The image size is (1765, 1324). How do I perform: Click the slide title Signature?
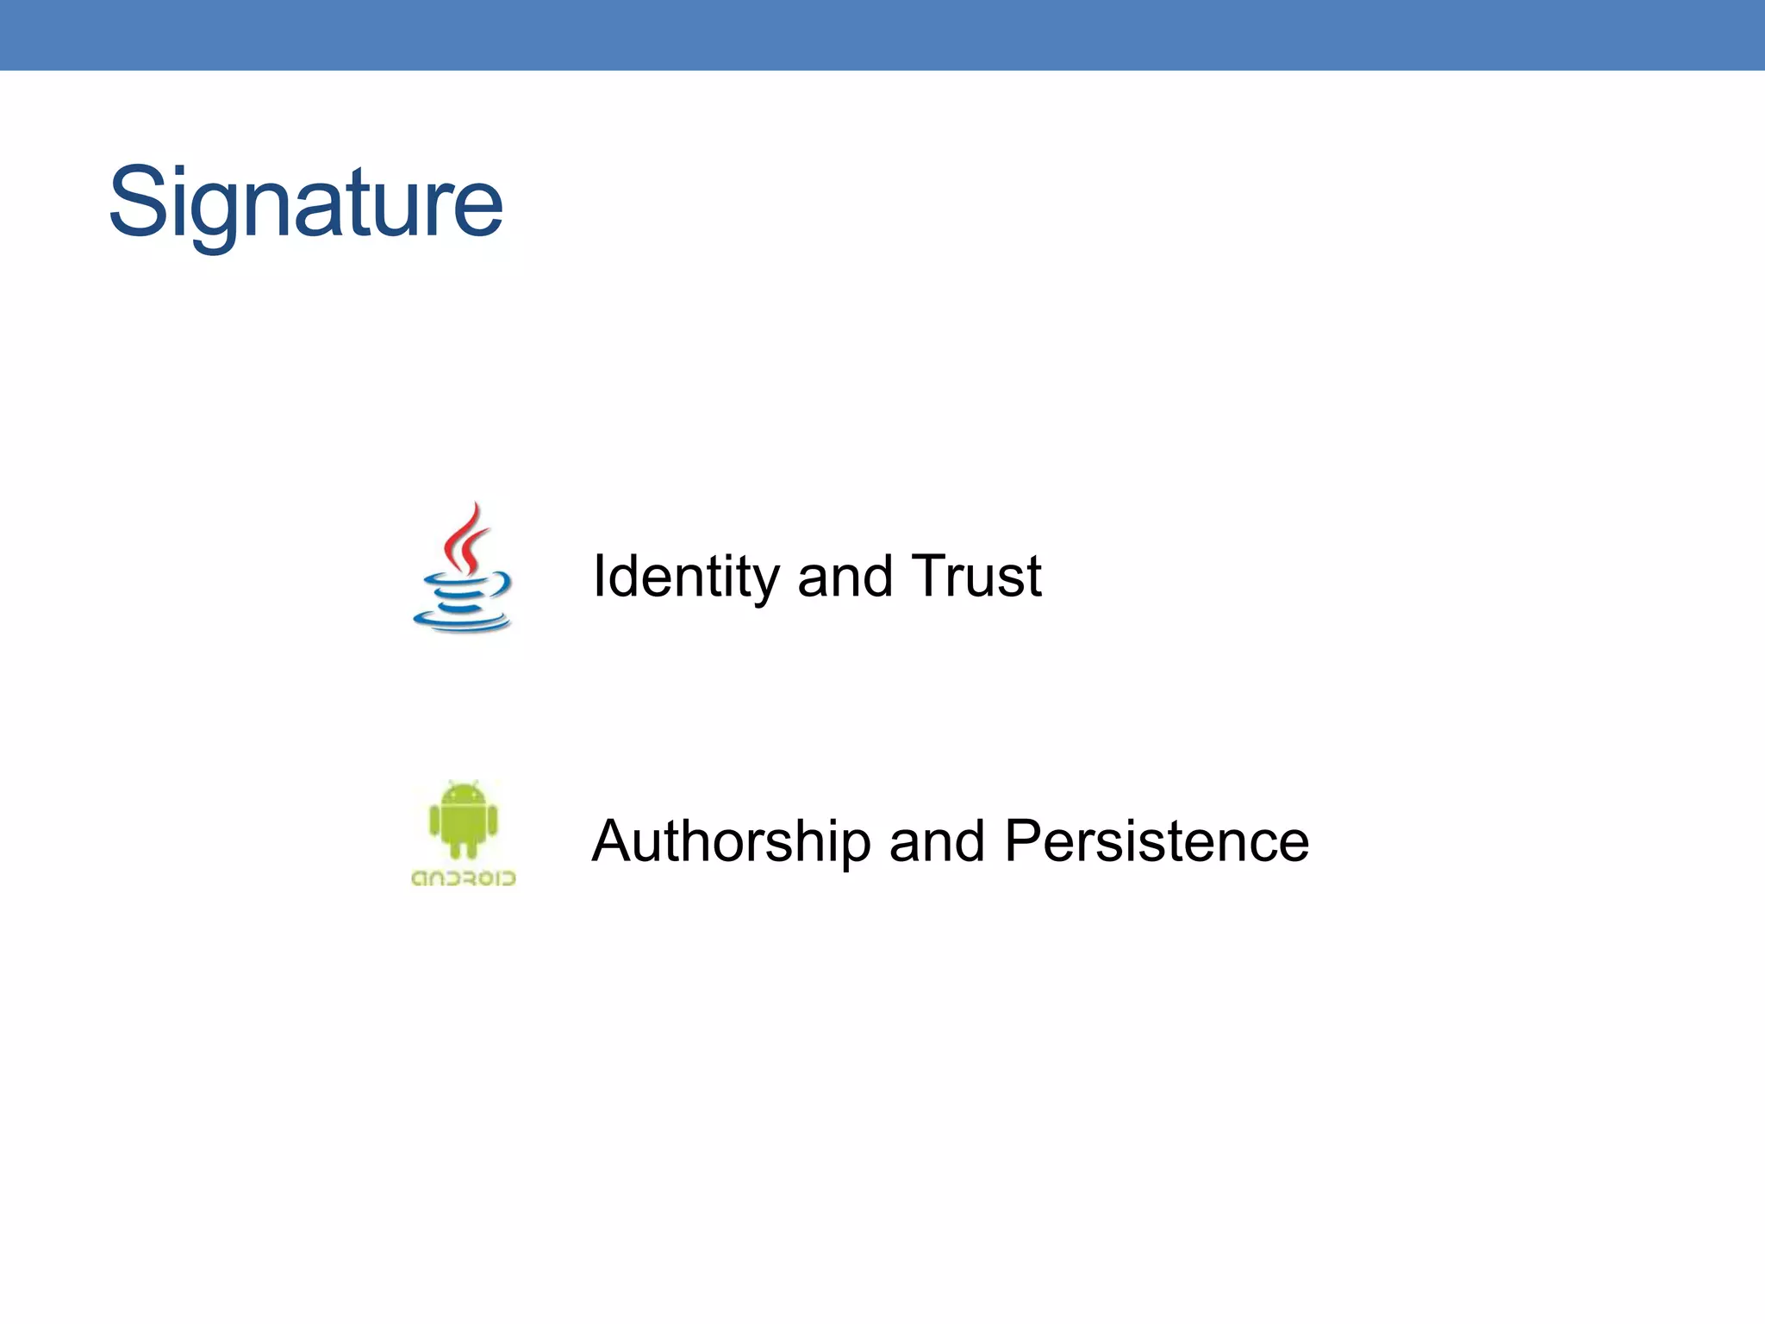[x=305, y=203]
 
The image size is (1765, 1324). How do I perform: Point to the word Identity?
[x=685, y=577]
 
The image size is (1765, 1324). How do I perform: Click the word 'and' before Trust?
[x=845, y=577]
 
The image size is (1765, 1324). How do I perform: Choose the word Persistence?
[x=1157, y=841]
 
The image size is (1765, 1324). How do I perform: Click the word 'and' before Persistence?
[x=937, y=841]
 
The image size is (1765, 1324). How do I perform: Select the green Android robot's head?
[x=463, y=795]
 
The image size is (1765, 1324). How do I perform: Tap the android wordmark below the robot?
[x=464, y=878]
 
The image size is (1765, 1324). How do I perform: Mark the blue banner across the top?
[x=882, y=34]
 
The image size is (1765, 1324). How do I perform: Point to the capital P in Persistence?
[x=1025, y=840]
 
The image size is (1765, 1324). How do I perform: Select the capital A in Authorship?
[x=613, y=840]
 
